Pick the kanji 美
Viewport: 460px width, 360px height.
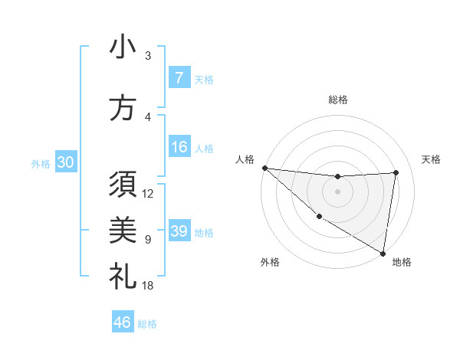click(x=123, y=231)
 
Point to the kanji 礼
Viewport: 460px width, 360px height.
click(x=123, y=277)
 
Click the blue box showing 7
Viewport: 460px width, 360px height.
click(x=179, y=78)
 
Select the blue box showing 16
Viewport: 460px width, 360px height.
click(x=179, y=147)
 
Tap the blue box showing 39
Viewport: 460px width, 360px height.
click(x=179, y=231)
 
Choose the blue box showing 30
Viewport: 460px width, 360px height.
click(x=65, y=162)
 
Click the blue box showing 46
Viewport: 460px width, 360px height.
click(x=123, y=322)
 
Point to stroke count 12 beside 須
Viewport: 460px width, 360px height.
click(x=148, y=194)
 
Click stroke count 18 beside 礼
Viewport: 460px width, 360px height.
click(x=148, y=286)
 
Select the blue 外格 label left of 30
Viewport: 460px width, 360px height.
click(x=41, y=163)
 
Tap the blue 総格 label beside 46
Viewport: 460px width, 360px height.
click(x=147, y=323)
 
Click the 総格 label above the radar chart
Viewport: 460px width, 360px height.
click(x=338, y=100)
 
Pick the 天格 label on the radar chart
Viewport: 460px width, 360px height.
click(x=432, y=159)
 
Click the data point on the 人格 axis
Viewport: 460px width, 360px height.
click(x=264, y=168)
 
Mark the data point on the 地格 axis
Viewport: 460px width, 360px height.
click(x=383, y=253)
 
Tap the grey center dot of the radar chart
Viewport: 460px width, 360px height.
click(x=337, y=191)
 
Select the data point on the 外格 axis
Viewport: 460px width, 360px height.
click(x=319, y=217)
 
